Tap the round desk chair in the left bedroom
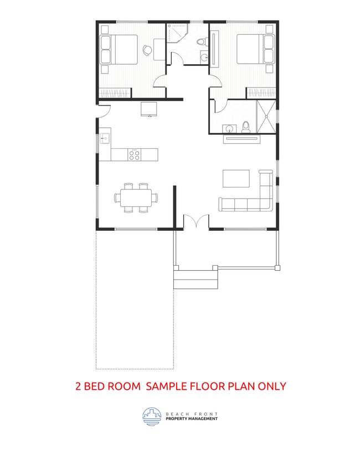(146, 50)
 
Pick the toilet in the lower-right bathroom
(245, 127)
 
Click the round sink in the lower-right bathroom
(228, 129)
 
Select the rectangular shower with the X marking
(268, 117)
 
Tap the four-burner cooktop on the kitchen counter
(134, 154)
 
